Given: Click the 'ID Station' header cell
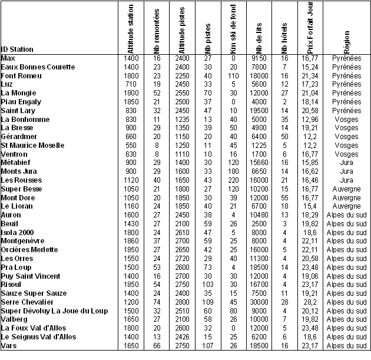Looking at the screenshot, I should pyautogui.click(x=17, y=49).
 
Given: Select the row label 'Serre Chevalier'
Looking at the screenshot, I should pyautogui.click(x=28, y=302).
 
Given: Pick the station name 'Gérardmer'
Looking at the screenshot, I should pyautogui.click(x=19, y=137).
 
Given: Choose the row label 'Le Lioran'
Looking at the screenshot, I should pyautogui.click(x=18, y=206).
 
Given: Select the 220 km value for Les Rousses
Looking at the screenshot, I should pyautogui.click(x=233, y=180).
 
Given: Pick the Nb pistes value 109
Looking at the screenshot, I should pyautogui.click(x=207, y=302).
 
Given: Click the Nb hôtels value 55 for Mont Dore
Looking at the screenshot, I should pyautogui.click(x=284, y=198).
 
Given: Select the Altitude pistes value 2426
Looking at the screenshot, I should pyautogui.click(x=181, y=336).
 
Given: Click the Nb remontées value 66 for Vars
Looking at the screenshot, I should pyautogui.click(x=157, y=345).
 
